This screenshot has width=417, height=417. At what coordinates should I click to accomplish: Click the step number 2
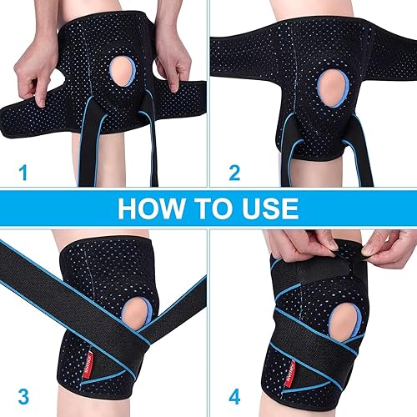pos(236,173)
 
